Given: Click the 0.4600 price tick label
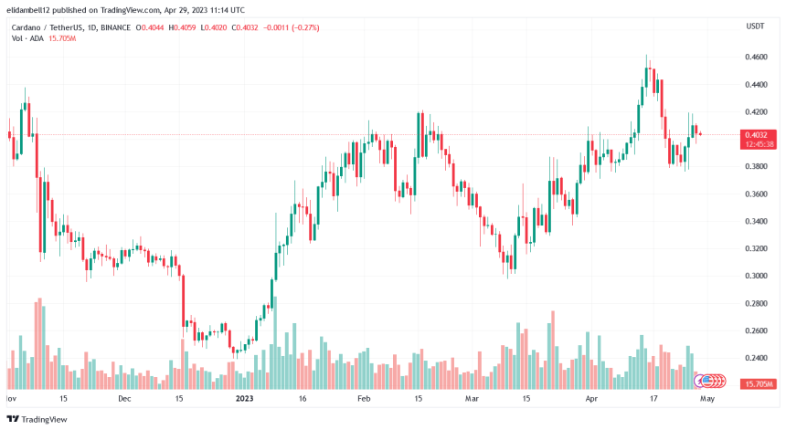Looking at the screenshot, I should pyautogui.click(x=755, y=58).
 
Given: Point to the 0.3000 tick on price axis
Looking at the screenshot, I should pyautogui.click(x=755, y=276).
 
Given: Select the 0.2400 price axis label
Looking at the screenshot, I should pyautogui.click(x=755, y=358).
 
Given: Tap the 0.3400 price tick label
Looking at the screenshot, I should pyautogui.click(x=755, y=221).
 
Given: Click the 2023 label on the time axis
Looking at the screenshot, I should pyautogui.click(x=244, y=399).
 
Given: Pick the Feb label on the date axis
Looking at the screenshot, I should pyautogui.click(x=363, y=399).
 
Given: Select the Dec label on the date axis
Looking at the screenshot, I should pyautogui.click(x=124, y=399).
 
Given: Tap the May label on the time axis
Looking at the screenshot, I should pyautogui.click(x=706, y=399).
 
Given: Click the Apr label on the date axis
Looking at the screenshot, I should pyautogui.click(x=591, y=399).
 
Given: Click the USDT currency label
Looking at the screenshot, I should pyautogui.click(x=755, y=27).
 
